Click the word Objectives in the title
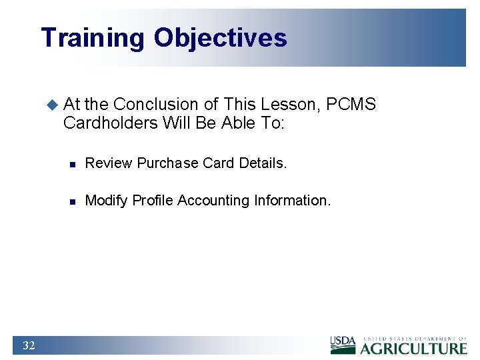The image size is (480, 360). (x=220, y=38)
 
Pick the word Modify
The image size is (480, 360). (x=107, y=201)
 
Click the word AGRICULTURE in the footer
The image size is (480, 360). (x=414, y=348)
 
